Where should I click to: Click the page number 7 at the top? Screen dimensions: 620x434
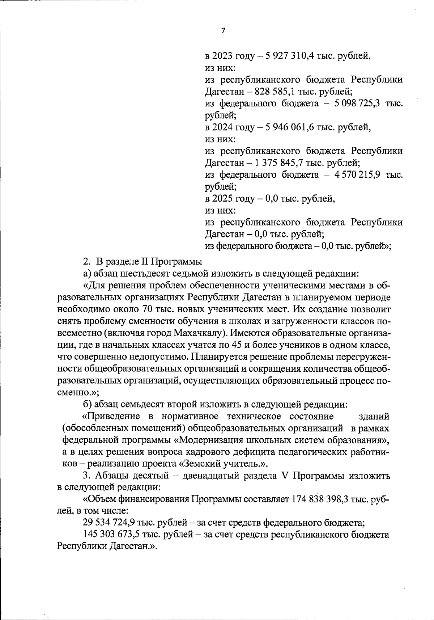coord(223,31)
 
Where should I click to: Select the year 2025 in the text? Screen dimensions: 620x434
coord(222,199)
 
